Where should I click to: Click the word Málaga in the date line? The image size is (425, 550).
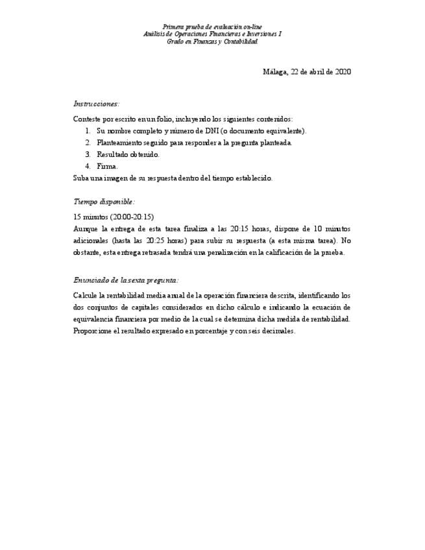click(x=274, y=72)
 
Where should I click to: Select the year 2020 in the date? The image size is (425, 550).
click(x=342, y=72)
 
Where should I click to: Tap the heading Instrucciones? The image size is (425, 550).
click(x=96, y=104)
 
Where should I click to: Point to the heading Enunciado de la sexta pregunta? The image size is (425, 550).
click(x=126, y=280)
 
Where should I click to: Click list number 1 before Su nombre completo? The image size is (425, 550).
click(x=88, y=131)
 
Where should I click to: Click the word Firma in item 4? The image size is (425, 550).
click(x=106, y=166)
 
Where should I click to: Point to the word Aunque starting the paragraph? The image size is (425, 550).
click(x=86, y=228)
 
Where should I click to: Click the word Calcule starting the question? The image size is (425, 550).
click(x=86, y=295)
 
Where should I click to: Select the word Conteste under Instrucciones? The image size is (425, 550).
click(x=88, y=119)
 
